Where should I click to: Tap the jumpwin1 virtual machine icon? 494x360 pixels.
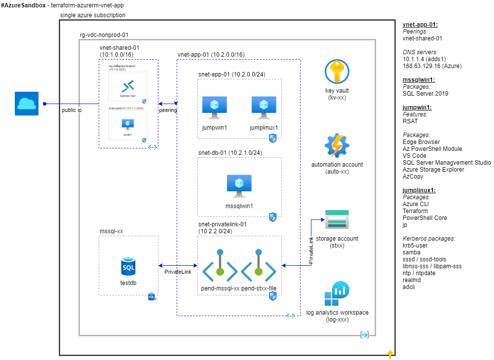215,107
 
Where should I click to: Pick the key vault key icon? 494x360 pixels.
337,72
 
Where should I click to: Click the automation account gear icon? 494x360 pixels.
337,145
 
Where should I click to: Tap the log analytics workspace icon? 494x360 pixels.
337,293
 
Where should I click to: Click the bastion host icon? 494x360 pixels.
128,87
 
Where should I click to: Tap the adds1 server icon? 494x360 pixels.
128,124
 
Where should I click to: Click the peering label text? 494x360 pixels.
168,110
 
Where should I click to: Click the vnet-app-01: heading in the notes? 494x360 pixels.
420,25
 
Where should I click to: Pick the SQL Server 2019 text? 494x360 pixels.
425,93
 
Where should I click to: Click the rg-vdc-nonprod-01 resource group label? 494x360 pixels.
104,35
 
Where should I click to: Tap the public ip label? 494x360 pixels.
72,110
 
